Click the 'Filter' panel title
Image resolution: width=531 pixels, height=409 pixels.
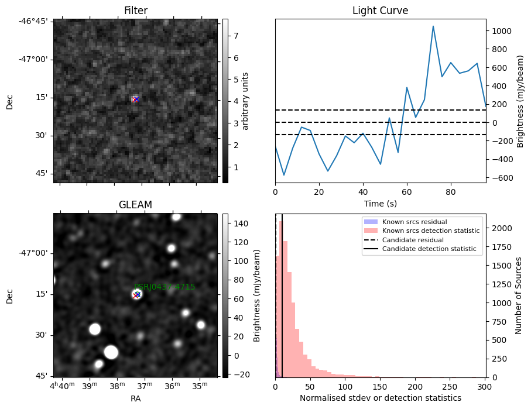[135, 11]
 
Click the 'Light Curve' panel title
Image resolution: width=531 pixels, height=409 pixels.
[380, 11]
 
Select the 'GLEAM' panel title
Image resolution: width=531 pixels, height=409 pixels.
[135, 205]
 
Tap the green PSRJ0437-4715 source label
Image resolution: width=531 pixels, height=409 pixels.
[165, 287]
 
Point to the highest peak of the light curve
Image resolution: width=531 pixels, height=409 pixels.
[433, 26]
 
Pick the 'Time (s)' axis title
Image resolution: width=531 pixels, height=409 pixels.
[380, 203]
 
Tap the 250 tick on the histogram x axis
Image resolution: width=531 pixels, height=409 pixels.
[450, 387]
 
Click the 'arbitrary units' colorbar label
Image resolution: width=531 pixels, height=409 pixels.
[245, 101]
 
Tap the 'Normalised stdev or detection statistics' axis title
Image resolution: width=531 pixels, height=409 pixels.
[380, 398]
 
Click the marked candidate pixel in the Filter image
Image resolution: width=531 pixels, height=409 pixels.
[136, 99]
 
